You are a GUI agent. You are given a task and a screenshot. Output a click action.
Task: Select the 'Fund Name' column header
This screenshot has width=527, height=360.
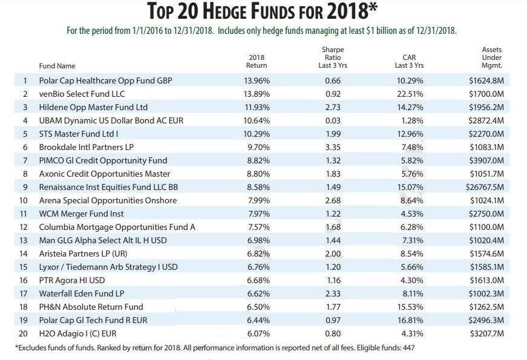click(57, 65)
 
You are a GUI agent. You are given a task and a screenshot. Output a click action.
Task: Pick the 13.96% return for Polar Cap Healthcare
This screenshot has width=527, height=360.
click(257, 80)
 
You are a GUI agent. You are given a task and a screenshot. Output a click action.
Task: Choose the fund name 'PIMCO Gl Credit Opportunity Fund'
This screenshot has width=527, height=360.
click(103, 160)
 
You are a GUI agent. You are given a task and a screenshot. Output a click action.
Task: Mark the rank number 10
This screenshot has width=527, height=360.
click(24, 200)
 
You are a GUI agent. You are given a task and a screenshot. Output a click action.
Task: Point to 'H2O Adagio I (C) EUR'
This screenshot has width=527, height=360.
click(79, 333)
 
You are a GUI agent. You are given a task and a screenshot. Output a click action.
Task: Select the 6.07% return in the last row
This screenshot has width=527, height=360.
click(257, 333)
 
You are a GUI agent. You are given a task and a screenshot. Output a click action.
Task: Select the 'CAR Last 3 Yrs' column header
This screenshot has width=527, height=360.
click(409, 61)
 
